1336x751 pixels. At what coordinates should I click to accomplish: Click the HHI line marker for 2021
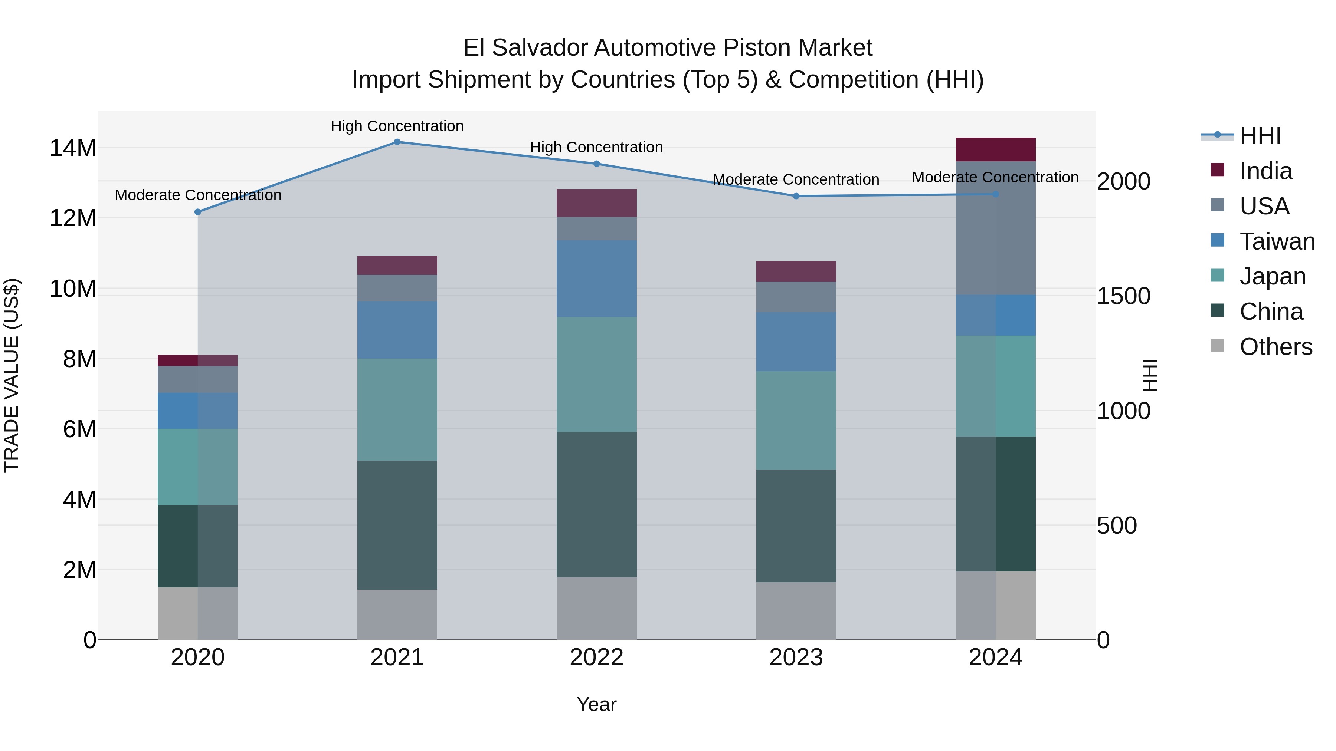click(397, 142)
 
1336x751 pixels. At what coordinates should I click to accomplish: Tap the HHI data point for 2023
click(796, 196)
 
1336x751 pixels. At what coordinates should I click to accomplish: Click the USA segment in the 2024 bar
click(995, 228)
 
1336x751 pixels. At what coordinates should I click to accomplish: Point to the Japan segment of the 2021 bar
click(397, 409)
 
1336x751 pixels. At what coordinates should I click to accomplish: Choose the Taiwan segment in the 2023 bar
click(796, 342)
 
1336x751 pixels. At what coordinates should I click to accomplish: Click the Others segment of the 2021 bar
click(397, 614)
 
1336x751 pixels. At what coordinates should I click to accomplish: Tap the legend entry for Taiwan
click(1276, 241)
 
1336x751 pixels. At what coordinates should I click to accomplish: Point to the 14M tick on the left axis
click(73, 148)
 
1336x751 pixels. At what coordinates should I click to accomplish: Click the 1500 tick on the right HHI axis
click(1123, 296)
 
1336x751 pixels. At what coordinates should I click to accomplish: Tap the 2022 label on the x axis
click(596, 658)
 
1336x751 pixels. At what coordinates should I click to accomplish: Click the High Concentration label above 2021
click(397, 126)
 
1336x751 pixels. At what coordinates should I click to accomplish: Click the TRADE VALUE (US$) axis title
click(12, 375)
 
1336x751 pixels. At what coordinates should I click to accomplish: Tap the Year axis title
click(596, 704)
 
